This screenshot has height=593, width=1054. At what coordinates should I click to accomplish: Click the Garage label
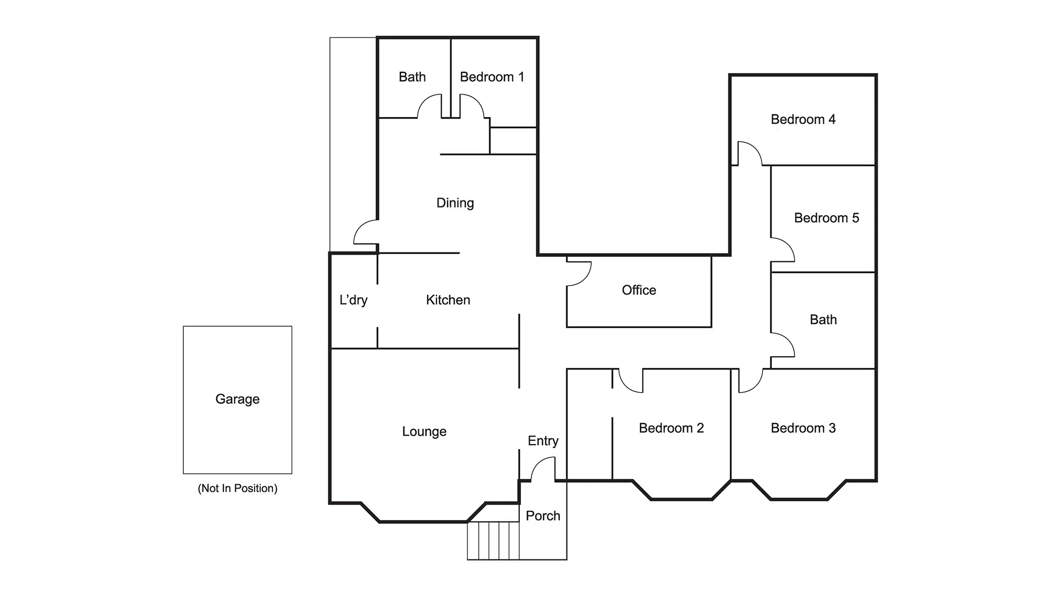[x=237, y=399]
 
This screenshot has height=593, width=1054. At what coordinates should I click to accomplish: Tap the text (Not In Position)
[x=237, y=488]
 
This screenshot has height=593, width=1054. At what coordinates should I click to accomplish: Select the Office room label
[x=638, y=290]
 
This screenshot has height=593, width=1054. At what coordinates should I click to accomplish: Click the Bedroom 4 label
[x=803, y=119]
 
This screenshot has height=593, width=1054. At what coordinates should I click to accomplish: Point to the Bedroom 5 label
[x=826, y=218]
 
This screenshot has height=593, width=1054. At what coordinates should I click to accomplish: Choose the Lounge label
[x=424, y=432]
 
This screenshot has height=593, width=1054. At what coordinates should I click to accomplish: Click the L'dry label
[x=353, y=300]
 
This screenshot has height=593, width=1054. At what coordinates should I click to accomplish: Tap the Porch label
[x=542, y=516]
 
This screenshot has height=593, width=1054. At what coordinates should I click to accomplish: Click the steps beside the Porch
[x=493, y=540]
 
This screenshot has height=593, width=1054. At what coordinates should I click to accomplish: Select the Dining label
[x=455, y=203]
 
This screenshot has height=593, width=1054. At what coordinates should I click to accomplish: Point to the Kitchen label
[x=448, y=300]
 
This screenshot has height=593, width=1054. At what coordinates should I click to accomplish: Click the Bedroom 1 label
[x=492, y=77]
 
